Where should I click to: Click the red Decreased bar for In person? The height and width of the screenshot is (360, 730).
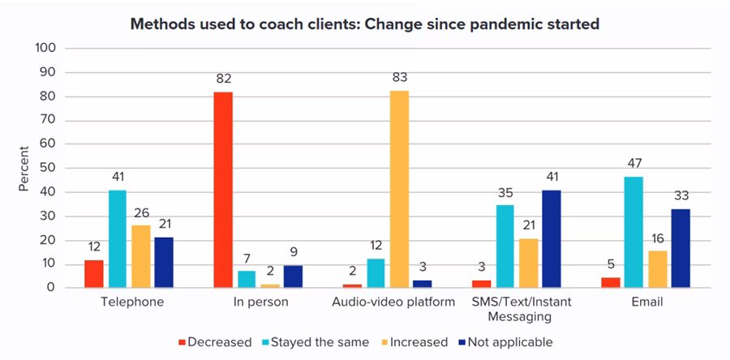click(x=223, y=190)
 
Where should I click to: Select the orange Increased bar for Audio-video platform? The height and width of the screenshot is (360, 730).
click(x=399, y=189)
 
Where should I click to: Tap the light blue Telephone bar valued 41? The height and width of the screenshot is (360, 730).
click(x=118, y=239)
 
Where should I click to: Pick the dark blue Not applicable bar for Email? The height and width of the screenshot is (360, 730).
click(x=681, y=248)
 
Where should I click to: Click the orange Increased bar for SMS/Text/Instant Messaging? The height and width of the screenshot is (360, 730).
click(x=528, y=264)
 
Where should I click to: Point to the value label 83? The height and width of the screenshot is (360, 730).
click(x=399, y=78)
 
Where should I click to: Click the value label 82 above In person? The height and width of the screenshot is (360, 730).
click(x=224, y=79)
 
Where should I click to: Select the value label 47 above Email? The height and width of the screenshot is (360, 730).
click(x=634, y=163)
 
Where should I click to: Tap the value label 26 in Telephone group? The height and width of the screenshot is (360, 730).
click(x=141, y=213)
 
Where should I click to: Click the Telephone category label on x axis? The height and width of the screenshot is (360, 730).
click(x=133, y=302)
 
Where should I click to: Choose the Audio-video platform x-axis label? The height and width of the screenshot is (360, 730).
click(x=393, y=302)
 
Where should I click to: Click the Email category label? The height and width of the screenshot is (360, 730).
click(x=647, y=302)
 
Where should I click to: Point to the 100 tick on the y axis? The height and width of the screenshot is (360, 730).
click(x=45, y=49)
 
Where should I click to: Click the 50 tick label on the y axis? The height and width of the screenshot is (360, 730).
click(x=49, y=169)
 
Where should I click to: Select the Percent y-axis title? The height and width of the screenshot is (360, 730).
click(x=24, y=169)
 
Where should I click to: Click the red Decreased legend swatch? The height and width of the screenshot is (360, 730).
click(x=182, y=343)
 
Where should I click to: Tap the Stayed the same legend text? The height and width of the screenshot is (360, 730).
click(x=320, y=343)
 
